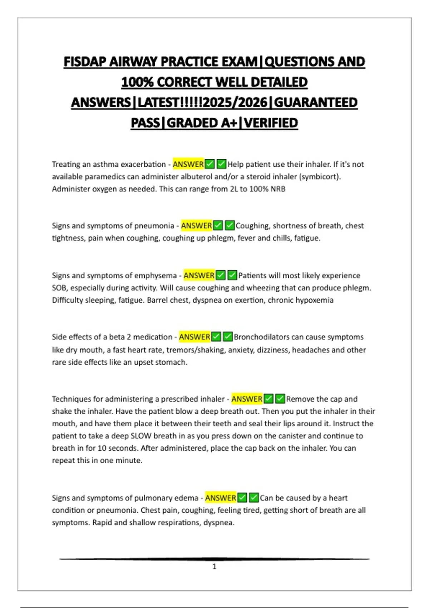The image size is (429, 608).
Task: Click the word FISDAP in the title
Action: click(85, 62)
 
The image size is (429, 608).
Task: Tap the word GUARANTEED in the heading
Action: click(316, 103)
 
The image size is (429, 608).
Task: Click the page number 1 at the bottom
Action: click(214, 567)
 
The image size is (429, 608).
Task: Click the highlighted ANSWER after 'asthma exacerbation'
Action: click(188, 164)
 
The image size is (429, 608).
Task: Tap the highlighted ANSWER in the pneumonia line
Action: click(196, 226)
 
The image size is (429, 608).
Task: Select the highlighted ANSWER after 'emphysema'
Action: click(199, 275)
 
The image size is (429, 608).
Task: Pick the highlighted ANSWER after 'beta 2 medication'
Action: click(194, 337)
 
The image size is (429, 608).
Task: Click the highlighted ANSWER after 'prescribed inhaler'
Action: click(247, 399)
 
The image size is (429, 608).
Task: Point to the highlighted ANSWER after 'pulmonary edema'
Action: click(221, 498)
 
